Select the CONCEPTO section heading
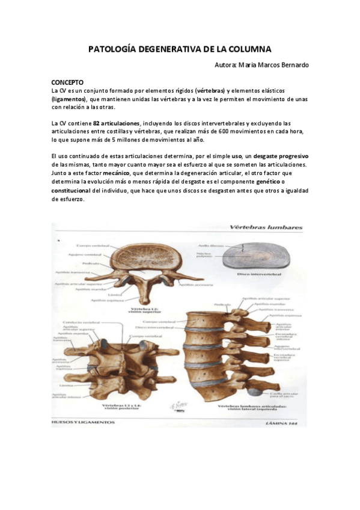[67, 81]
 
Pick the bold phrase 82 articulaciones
[116, 123]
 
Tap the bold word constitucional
[72, 190]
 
